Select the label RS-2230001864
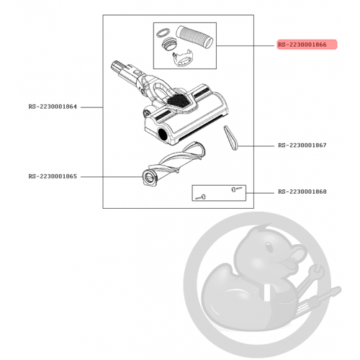53,107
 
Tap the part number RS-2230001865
53,176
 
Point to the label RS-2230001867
302,145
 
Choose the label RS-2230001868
302,192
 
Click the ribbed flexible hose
194,37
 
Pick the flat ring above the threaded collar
163,32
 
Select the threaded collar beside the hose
170,45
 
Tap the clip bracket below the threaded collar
182,58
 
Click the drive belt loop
231,138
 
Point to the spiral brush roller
175,163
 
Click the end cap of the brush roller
149,178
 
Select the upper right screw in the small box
236,189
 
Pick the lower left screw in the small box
201,197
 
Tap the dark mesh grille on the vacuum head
179,99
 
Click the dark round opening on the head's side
163,134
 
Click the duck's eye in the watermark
269,247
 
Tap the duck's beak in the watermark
295,258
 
